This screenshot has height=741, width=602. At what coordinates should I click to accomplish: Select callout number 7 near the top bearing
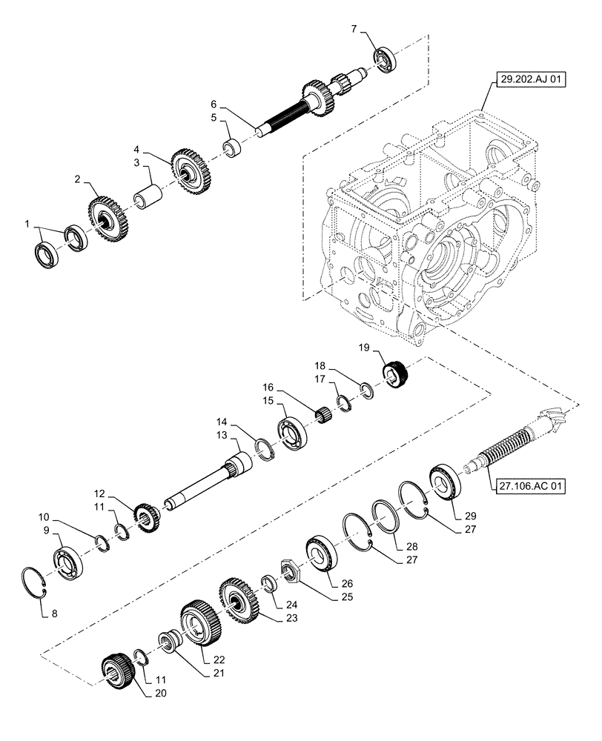(x=354, y=29)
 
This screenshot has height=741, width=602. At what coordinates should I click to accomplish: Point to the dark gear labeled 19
(x=396, y=370)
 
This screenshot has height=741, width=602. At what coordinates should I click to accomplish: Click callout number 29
(x=472, y=515)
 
